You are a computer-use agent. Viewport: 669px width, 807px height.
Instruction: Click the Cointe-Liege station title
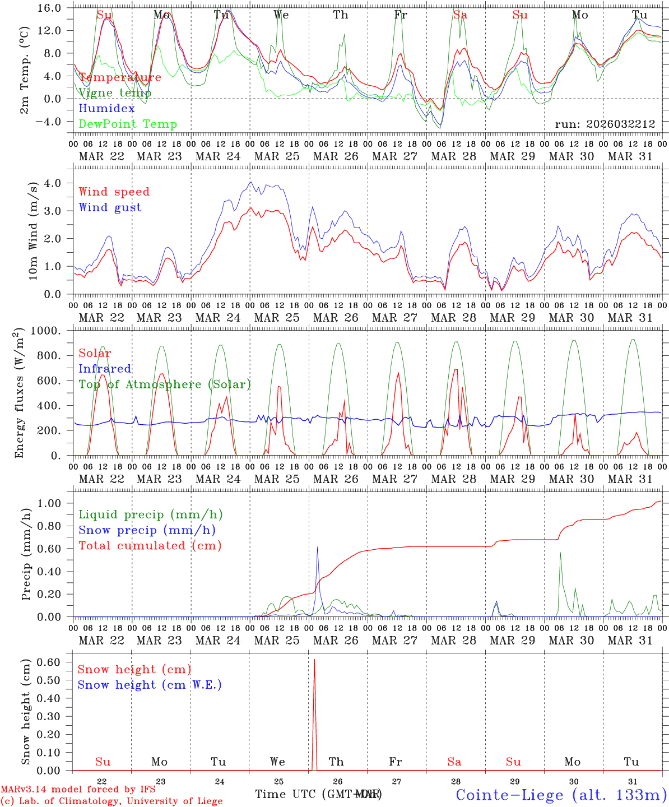pyautogui.click(x=561, y=794)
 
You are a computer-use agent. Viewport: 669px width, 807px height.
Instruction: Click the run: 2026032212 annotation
pyautogui.click(x=605, y=124)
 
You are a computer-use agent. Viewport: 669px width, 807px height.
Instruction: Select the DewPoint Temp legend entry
pyautogui.click(x=128, y=124)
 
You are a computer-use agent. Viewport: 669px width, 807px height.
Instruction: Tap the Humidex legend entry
pyautogui.click(x=106, y=108)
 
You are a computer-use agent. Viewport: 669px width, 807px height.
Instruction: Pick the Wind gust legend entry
pyautogui.click(x=110, y=207)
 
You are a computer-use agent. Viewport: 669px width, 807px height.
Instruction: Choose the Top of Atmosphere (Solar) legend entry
pyautogui.click(x=164, y=384)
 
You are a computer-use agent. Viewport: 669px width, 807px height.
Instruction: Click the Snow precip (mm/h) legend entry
pyautogui.click(x=147, y=530)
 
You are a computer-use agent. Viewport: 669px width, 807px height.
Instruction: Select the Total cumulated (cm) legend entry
pyautogui.click(x=150, y=545)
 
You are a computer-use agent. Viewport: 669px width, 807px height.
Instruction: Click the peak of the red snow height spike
pyautogui.click(x=314, y=660)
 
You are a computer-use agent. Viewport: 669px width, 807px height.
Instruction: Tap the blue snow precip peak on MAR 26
pyautogui.click(x=317, y=547)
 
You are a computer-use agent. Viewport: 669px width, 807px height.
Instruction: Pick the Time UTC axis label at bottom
pyautogui.click(x=318, y=794)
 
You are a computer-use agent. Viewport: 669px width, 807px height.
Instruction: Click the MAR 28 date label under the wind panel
pyautogui.click(x=453, y=318)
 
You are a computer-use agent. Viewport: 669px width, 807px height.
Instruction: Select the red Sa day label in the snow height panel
pyautogui.click(x=454, y=762)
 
